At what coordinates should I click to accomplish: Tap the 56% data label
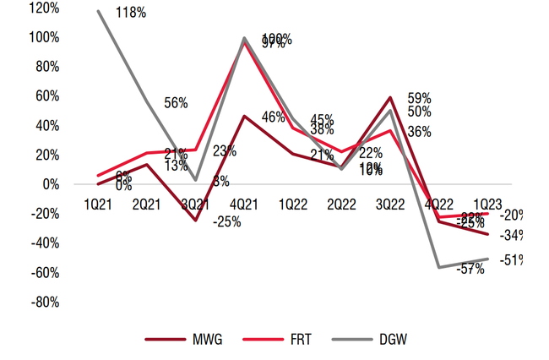[x=176, y=102]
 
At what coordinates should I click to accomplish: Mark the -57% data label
[x=470, y=269]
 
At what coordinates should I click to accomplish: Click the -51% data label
[x=511, y=259]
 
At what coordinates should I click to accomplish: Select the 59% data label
[x=420, y=97]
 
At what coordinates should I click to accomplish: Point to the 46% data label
[x=273, y=117]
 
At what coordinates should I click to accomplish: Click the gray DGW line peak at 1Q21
[x=99, y=11]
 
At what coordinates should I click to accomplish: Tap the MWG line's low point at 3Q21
[x=196, y=221]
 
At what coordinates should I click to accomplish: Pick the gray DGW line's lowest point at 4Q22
[x=439, y=267]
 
